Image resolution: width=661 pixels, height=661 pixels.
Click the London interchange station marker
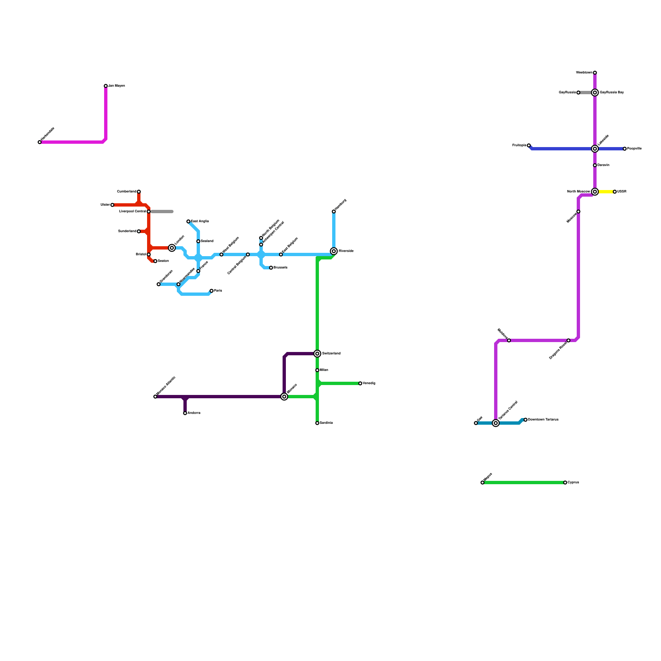coord(172,248)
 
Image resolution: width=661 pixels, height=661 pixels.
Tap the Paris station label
coord(218,291)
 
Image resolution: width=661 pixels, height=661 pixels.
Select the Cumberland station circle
coord(139,192)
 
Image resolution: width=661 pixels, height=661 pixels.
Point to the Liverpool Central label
coord(132,212)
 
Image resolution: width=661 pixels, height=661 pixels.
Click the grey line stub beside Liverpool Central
coord(162,212)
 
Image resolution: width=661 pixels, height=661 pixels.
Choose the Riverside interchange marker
coord(334,251)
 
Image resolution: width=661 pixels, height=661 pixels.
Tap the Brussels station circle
coord(271,268)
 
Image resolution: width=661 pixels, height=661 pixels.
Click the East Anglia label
coord(200,221)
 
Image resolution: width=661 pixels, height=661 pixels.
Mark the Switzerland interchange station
coord(317,354)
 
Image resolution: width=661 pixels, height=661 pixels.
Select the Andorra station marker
coord(185,413)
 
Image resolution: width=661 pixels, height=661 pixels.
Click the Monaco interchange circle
coord(284,397)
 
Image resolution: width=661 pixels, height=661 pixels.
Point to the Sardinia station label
coord(326,423)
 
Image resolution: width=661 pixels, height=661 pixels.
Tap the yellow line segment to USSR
coord(606,192)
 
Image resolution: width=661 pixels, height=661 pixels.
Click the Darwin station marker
coord(595,165)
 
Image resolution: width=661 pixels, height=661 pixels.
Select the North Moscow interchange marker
coord(595,192)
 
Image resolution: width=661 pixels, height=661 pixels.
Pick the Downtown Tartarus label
coord(543,420)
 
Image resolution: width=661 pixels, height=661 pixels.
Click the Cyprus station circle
coord(565,483)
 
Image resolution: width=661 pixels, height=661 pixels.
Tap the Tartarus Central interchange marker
coord(496,423)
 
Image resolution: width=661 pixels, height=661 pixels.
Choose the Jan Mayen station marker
coord(106,86)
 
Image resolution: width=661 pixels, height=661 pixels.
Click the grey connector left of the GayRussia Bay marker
coord(586,93)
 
